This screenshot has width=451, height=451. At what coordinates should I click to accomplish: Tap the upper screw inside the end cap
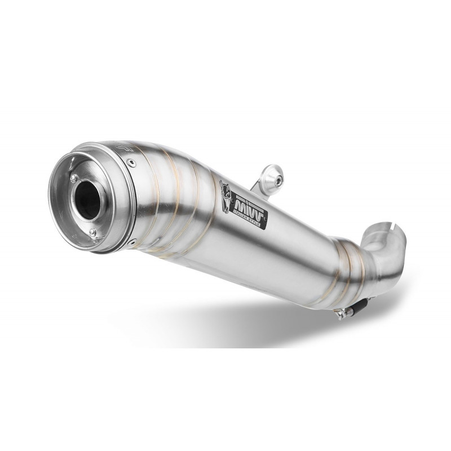(x=74, y=178)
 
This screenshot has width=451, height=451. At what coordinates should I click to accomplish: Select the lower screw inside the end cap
(x=93, y=232)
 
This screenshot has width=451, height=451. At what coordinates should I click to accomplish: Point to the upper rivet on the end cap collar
(x=131, y=163)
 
